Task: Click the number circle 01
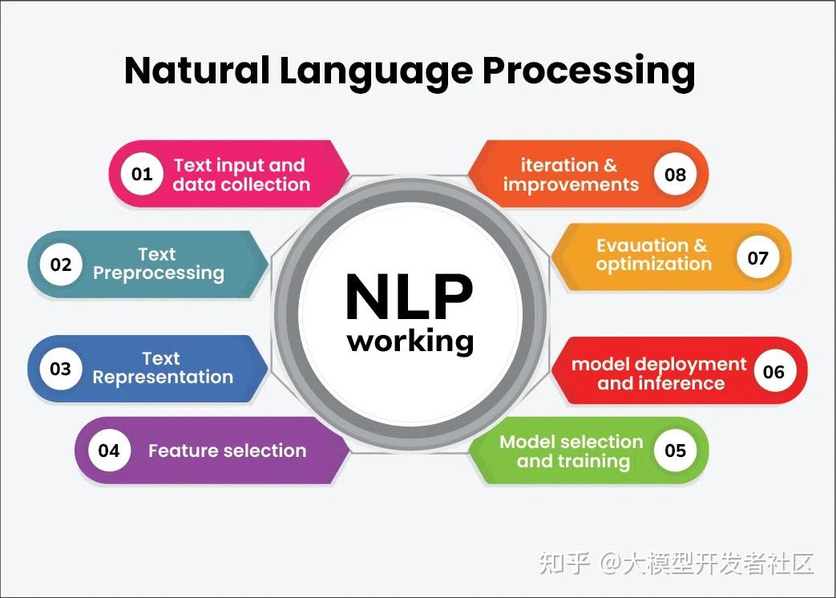click(x=142, y=174)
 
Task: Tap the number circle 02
click(x=61, y=265)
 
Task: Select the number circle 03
click(x=61, y=369)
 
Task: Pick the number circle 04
click(x=109, y=451)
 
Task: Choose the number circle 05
click(x=676, y=451)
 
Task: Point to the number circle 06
click(x=773, y=371)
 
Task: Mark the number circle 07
click(x=757, y=257)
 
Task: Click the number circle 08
click(x=676, y=174)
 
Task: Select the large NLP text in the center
click(x=410, y=297)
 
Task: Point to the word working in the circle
click(x=410, y=341)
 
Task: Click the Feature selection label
click(x=227, y=451)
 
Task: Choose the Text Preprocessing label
click(x=158, y=264)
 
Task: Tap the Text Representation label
click(x=162, y=368)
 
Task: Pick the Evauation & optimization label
click(x=652, y=254)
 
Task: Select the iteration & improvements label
click(x=570, y=175)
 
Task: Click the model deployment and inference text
click(x=659, y=374)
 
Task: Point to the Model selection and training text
click(x=571, y=451)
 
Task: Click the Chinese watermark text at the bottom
click(x=676, y=563)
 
